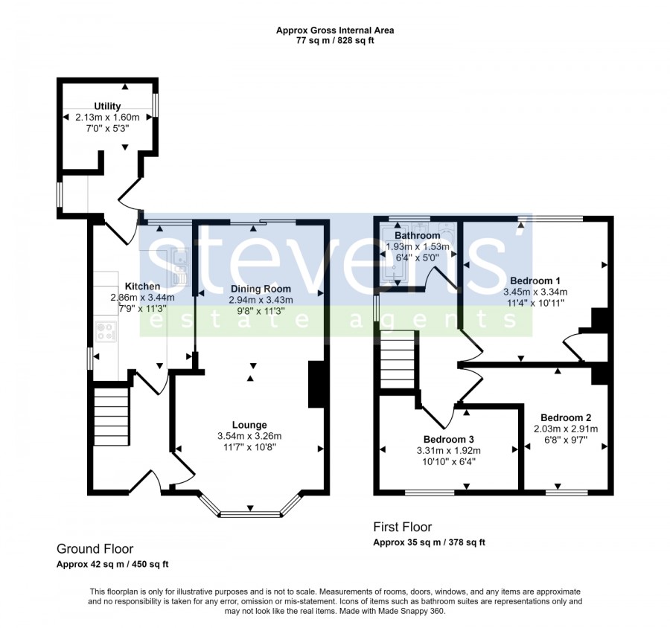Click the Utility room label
(x=107, y=106)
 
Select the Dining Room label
(x=261, y=289)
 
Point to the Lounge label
(x=249, y=425)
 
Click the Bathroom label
(x=417, y=235)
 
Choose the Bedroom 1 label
(x=535, y=281)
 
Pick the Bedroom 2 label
(x=566, y=417)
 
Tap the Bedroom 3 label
(x=449, y=439)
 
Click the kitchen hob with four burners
(x=106, y=332)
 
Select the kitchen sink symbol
(x=180, y=267)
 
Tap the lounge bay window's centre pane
(x=250, y=514)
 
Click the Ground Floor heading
(x=95, y=549)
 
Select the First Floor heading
(x=403, y=528)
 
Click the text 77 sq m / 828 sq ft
(x=335, y=41)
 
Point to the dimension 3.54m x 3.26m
(x=249, y=436)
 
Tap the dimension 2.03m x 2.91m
(x=566, y=429)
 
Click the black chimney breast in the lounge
(x=316, y=385)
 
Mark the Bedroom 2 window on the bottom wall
(x=567, y=493)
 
